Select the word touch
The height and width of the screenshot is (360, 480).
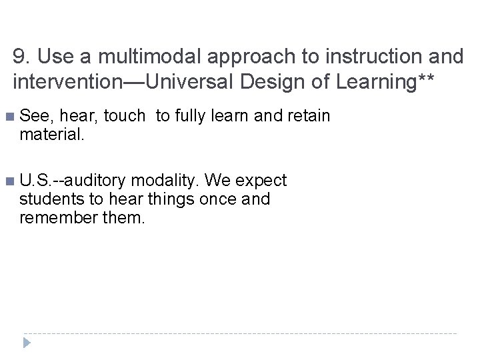(x=124, y=116)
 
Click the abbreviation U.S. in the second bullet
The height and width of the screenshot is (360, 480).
(x=38, y=181)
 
